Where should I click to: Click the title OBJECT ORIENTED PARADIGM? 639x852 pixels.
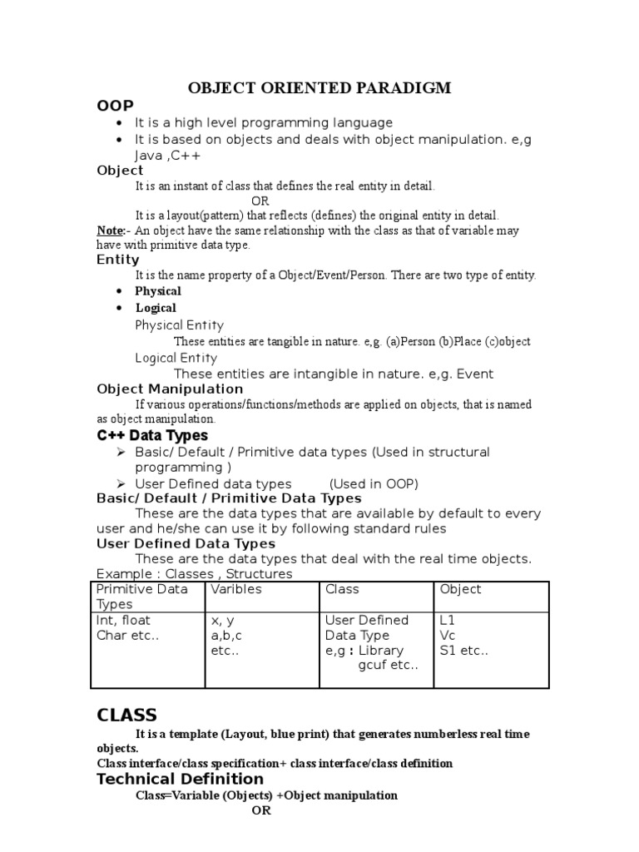click(319, 88)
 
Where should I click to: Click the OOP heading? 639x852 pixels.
click(115, 106)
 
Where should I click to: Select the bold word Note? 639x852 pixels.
click(109, 230)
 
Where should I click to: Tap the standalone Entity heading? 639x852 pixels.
click(118, 260)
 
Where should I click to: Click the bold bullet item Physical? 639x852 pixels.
click(158, 291)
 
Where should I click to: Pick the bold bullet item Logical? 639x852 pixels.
click(156, 308)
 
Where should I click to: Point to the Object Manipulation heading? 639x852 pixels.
click(170, 389)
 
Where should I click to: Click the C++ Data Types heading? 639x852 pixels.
click(152, 435)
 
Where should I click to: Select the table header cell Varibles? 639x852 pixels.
click(236, 589)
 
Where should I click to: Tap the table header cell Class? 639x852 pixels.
click(342, 589)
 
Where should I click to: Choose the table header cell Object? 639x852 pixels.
click(460, 589)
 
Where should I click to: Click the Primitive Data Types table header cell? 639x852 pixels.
click(142, 597)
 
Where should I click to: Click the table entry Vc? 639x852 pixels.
click(448, 636)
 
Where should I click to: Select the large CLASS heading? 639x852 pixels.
click(126, 715)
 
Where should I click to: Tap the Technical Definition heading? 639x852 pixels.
click(180, 779)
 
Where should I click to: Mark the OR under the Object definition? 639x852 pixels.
click(260, 201)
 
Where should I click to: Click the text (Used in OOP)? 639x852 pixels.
click(374, 483)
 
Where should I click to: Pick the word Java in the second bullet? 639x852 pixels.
click(150, 156)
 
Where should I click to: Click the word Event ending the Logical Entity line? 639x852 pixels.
click(471, 374)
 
